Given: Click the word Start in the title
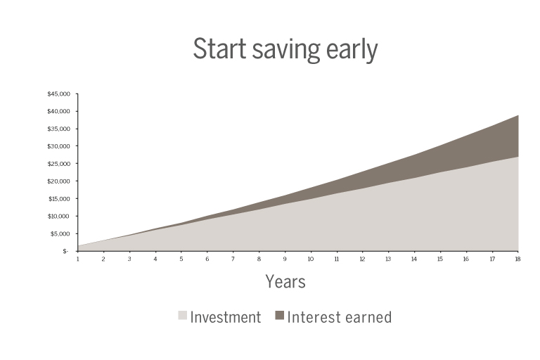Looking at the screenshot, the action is click(x=219, y=49).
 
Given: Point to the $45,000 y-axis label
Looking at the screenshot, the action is click(x=58, y=94).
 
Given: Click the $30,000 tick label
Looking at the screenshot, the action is click(x=58, y=146).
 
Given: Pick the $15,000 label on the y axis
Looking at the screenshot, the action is click(x=59, y=199).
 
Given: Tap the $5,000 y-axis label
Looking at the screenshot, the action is click(x=60, y=234).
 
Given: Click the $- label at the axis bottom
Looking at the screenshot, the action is click(x=65, y=252).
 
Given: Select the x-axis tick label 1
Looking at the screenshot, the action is click(x=78, y=259).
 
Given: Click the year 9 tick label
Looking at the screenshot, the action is click(x=285, y=259).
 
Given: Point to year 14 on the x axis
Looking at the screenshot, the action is click(x=414, y=259).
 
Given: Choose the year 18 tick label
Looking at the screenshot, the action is click(x=517, y=259).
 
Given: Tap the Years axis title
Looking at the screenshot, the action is click(x=285, y=281).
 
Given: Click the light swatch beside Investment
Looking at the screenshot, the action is click(x=183, y=315).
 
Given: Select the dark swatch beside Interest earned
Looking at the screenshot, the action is click(x=280, y=315).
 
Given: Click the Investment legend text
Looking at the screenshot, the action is click(x=226, y=317).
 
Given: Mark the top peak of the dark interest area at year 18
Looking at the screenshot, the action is click(x=518, y=115).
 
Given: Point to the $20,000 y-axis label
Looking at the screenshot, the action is click(x=58, y=181).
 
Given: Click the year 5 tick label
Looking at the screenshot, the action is click(x=181, y=259).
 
